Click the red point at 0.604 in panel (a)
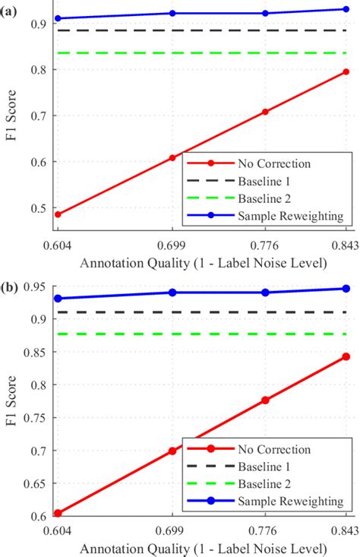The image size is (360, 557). click(x=58, y=214)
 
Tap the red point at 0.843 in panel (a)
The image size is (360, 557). click(x=346, y=71)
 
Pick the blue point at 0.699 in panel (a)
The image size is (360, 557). click(x=172, y=13)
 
